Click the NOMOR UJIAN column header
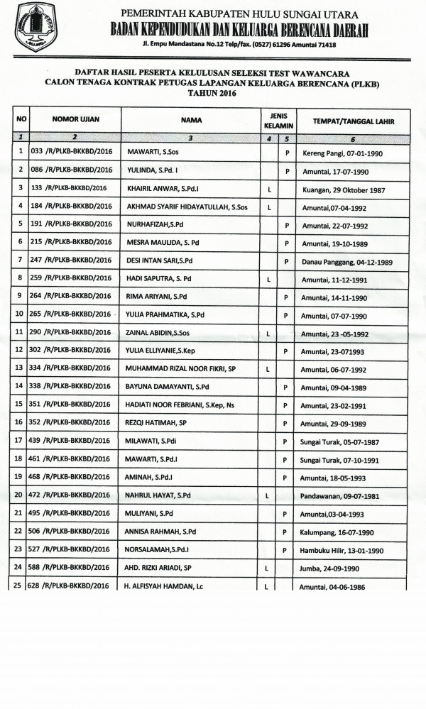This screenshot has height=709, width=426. coord(74,120)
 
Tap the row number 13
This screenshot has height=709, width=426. coord(20,368)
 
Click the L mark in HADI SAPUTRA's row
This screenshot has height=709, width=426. coord(269,280)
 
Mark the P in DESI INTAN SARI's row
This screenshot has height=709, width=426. coord(287,261)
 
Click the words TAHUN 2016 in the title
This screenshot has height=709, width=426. coord(212,93)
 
